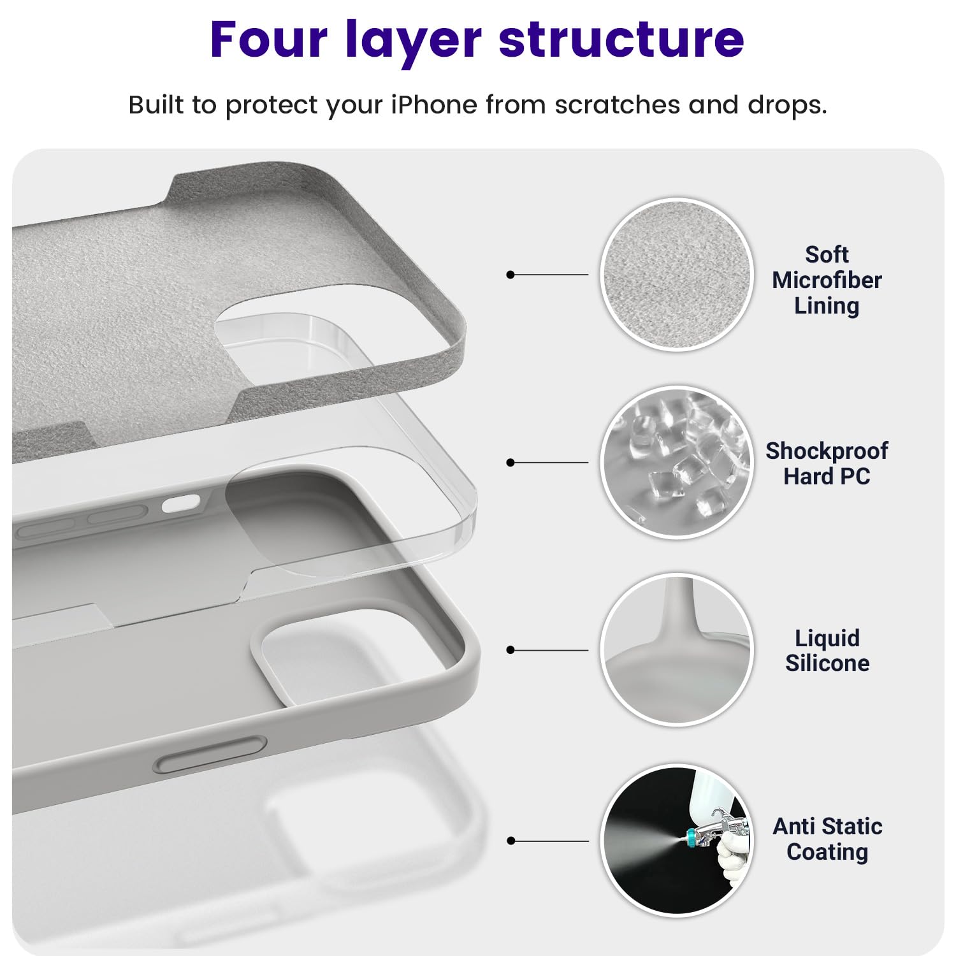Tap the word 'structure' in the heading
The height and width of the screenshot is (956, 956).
point(621,40)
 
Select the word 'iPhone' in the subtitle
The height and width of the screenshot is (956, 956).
point(433,105)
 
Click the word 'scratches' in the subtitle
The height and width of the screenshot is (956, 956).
point(617,105)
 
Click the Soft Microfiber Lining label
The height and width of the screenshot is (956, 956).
point(827,280)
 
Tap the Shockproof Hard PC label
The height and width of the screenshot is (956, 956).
point(827,463)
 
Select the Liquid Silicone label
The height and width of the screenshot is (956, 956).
point(827,651)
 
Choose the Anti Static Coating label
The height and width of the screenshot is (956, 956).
point(827,839)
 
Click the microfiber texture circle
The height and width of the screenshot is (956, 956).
point(677,275)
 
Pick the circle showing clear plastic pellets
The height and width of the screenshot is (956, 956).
point(677,463)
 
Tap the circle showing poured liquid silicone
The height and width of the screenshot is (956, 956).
point(677,649)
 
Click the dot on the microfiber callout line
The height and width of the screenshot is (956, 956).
point(510,275)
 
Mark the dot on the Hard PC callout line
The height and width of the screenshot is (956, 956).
point(510,463)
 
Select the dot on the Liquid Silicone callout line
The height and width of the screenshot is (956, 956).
point(510,650)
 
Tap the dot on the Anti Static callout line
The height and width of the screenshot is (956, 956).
point(510,841)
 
